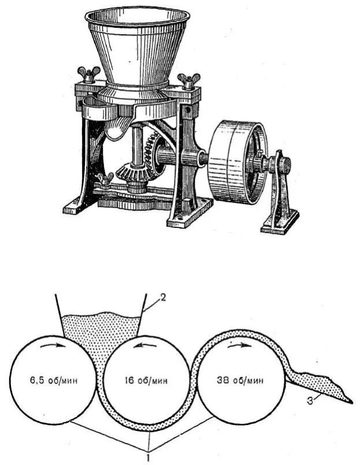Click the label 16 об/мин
tap(146, 381)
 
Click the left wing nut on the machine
tap(88, 75)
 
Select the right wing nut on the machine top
tap(188, 79)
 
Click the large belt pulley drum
tap(234, 162)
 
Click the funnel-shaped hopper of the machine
tap(138, 46)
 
